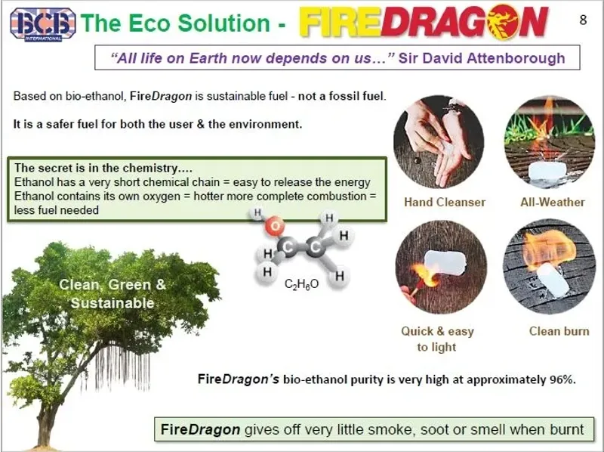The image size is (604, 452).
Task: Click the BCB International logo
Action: coord(42,23)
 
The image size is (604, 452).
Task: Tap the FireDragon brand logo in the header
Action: coord(423,22)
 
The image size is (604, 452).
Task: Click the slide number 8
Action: coord(582,20)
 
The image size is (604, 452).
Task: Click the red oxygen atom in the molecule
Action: coord(276,226)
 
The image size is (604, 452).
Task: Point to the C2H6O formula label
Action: coord(301,284)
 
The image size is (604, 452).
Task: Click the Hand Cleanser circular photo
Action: coord(439,141)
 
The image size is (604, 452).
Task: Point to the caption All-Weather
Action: coord(552,202)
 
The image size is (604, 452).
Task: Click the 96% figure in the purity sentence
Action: coord(562,379)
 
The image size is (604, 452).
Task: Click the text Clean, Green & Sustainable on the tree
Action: coord(112,294)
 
